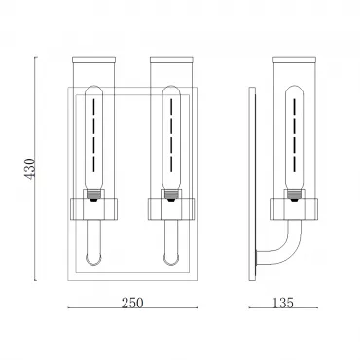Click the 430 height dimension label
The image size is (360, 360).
pos(29,169)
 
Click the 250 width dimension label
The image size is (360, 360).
pos(132,303)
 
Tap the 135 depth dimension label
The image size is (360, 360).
pos(283,303)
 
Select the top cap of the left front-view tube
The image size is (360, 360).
pos(93,60)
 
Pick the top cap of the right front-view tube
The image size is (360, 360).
pos(171,60)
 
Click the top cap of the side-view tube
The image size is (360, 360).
pos(294,60)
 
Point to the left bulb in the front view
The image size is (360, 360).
pos(93,137)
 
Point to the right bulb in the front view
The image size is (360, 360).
pos(171,137)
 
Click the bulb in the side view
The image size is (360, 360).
pos(294,137)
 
